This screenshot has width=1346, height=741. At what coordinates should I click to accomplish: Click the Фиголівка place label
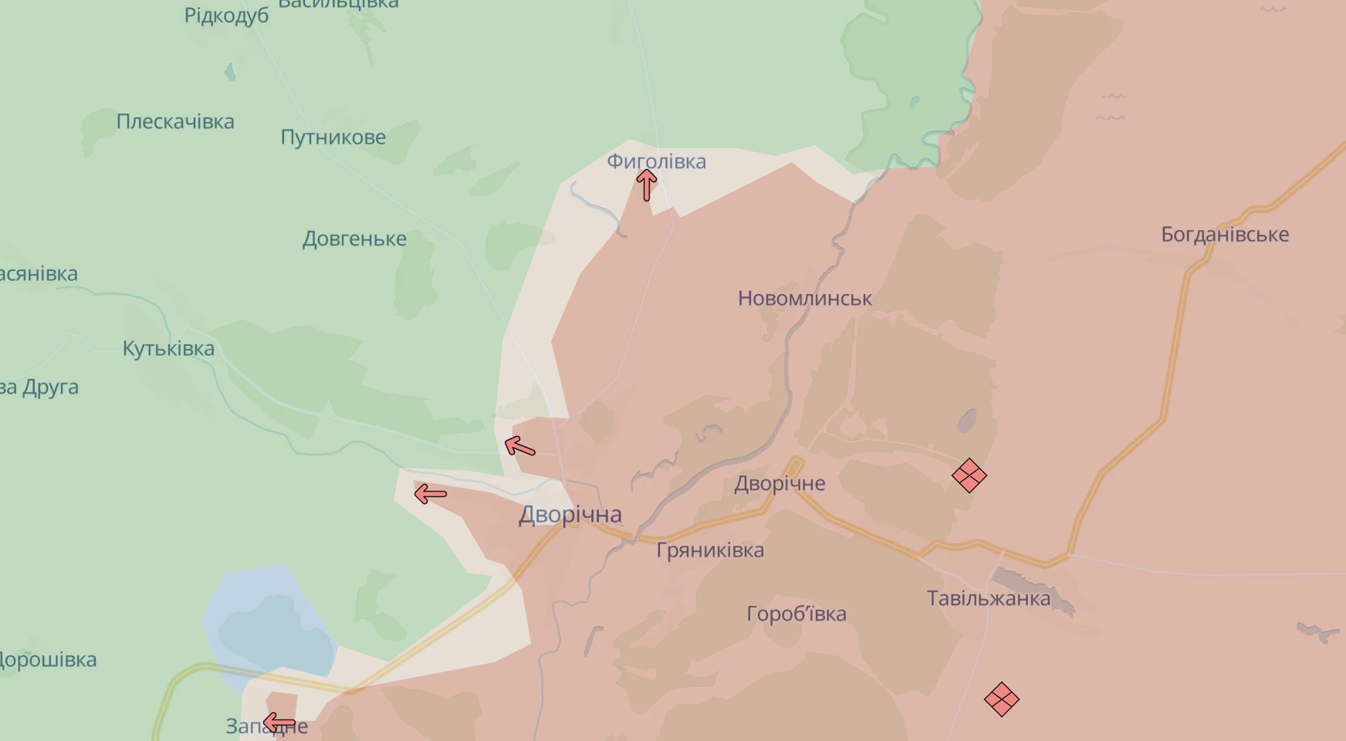pos(656,161)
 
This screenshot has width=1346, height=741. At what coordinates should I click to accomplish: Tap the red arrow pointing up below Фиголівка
pos(647,184)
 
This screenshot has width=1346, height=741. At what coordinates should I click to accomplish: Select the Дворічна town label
pos(570,515)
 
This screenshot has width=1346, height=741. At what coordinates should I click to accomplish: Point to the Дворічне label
pos(780,484)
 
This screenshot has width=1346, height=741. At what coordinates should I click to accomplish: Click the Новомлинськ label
pos(805,299)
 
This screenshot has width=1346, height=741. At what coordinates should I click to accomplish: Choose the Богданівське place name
pos(1225,235)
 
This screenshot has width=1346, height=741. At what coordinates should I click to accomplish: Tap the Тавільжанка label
pos(988,598)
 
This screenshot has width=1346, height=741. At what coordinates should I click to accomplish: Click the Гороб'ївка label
pos(796,614)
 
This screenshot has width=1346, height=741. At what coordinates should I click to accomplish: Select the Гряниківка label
pos(710,550)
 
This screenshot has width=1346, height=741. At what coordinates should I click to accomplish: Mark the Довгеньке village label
pos(354,239)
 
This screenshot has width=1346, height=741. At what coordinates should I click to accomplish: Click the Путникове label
pos(333,137)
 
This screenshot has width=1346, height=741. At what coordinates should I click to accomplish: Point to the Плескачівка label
pos(175,122)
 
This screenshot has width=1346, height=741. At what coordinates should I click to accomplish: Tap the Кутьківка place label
pos(168,349)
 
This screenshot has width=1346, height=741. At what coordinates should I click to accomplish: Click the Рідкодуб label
pos(226,15)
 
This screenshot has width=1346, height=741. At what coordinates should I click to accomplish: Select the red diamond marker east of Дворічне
pos(969,475)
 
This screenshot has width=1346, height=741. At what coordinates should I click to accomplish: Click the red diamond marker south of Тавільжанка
pos(1002,699)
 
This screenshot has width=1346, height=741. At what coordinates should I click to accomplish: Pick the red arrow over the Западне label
pos(279,723)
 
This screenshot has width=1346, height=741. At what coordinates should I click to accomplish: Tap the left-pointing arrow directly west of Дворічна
pos(431,494)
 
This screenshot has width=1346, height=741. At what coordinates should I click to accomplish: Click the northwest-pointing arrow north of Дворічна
pos(519,446)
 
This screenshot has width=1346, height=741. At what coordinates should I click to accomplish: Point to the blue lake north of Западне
pos(270,625)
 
